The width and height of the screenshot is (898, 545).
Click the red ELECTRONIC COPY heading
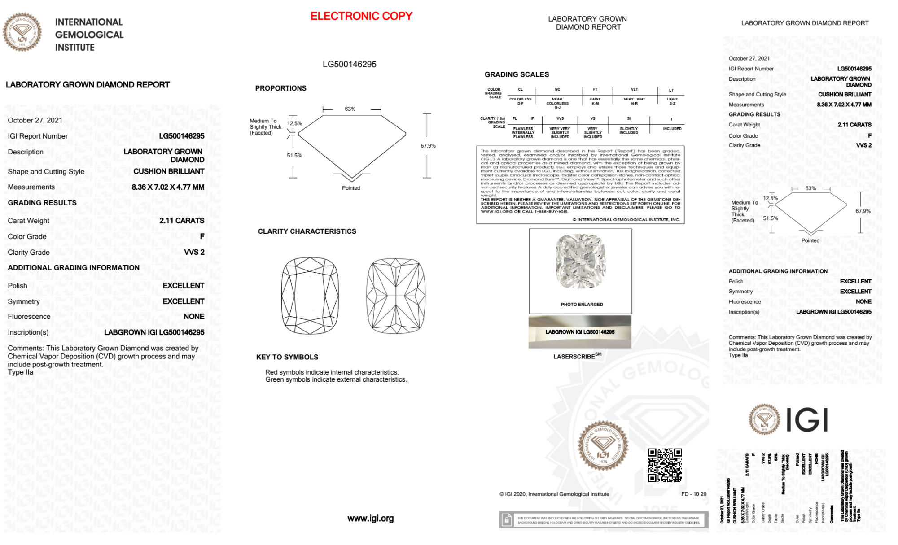(361, 16)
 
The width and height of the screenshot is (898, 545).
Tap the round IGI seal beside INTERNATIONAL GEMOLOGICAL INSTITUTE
(22, 32)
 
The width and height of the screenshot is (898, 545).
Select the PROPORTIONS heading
(280, 88)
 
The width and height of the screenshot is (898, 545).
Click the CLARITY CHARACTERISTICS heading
(307, 231)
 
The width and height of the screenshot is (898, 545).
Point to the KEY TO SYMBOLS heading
(287, 357)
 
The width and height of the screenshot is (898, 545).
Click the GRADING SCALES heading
(517, 74)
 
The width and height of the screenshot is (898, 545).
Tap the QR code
(665, 465)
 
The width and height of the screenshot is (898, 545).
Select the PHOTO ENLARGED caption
(582, 305)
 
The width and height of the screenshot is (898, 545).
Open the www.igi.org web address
(371, 519)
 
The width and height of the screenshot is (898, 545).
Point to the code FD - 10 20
(693, 494)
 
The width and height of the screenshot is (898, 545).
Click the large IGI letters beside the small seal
(807, 420)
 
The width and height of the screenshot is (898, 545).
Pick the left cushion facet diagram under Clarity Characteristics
(310, 296)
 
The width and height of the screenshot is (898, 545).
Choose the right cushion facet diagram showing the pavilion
(396, 296)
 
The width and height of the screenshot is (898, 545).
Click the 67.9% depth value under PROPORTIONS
(428, 146)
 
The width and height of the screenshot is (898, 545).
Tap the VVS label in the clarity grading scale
(560, 119)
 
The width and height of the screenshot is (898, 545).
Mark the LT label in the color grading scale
(671, 90)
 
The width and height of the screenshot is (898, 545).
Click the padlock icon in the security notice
(507, 520)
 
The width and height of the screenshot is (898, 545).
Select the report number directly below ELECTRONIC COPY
(349, 64)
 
